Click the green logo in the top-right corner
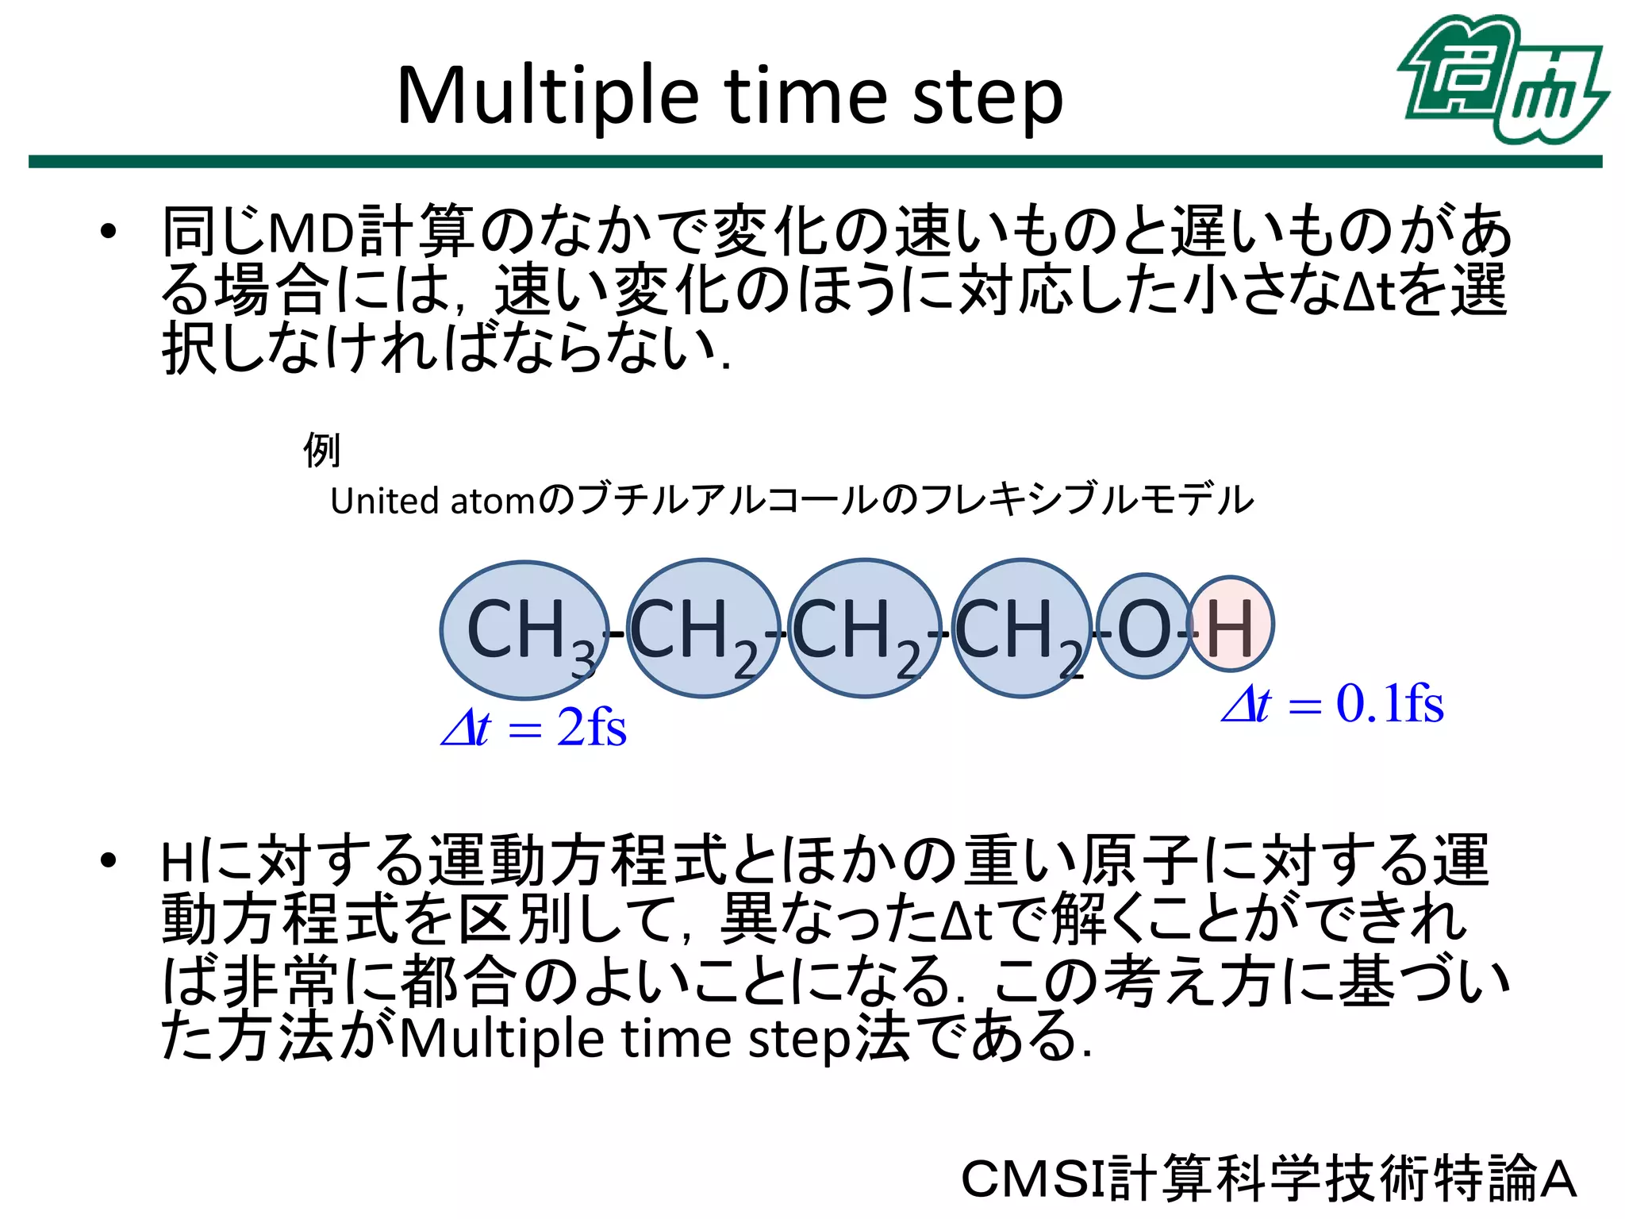tap(1502, 79)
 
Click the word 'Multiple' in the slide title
tap(547, 97)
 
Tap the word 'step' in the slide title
tap(987, 98)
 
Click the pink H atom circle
tap(1231, 626)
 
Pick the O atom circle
tap(1143, 626)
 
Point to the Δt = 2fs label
tap(534, 727)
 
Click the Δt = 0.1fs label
tap(1332, 704)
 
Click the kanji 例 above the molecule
tap(321, 451)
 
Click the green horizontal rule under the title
tap(815, 162)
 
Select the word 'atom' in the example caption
tap(493, 502)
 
